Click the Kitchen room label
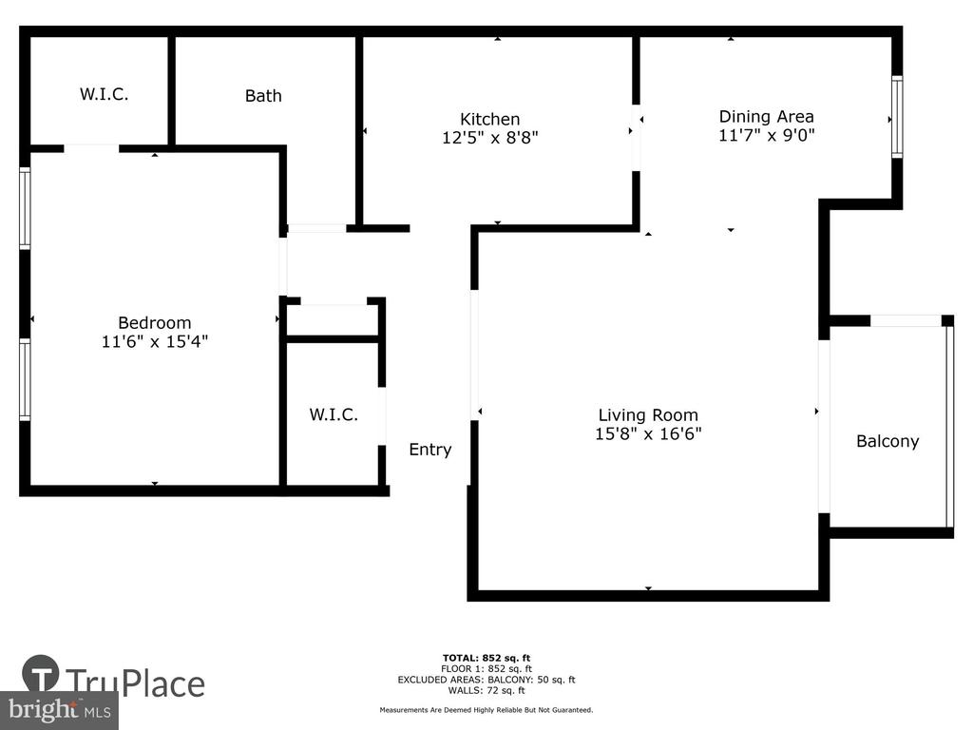(x=489, y=119)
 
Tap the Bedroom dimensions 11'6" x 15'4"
(x=155, y=341)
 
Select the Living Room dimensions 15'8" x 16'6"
(x=648, y=433)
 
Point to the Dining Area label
(x=767, y=116)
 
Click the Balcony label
(x=887, y=441)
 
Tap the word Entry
(x=430, y=450)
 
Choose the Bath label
(x=263, y=96)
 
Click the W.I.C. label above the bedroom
(x=104, y=94)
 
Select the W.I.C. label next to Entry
(x=334, y=414)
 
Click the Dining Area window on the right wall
(x=897, y=117)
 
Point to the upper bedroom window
(x=25, y=208)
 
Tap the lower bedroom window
(x=25, y=379)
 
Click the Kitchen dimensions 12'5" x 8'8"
(x=489, y=137)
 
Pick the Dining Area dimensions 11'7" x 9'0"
(x=767, y=135)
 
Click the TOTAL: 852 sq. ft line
(x=486, y=658)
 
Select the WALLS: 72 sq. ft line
(x=486, y=690)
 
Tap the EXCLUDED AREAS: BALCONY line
(x=486, y=680)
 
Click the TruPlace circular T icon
(x=41, y=673)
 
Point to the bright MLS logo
(x=59, y=710)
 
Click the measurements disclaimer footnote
(x=486, y=709)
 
